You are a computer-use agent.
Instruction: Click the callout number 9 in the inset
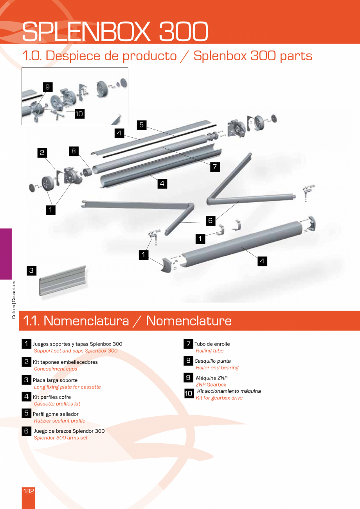(48, 87)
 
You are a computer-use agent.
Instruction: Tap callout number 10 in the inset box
(79, 114)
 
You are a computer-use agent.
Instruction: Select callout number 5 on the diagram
(142, 125)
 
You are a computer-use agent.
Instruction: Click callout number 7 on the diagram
(215, 167)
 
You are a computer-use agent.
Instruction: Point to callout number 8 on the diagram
(74, 151)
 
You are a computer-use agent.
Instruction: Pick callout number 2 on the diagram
(42, 153)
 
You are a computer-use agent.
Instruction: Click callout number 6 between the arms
(211, 221)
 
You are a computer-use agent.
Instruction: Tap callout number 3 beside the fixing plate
(32, 271)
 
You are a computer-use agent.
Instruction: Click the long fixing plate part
(63, 281)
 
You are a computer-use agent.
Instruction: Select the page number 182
(29, 491)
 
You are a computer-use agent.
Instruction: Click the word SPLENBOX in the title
(86, 31)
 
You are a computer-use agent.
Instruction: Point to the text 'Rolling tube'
(210, 351)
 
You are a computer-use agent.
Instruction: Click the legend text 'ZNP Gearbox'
(211, 385)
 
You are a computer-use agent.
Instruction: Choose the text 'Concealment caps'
(56, 369)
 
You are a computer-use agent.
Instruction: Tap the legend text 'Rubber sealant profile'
(59, 421)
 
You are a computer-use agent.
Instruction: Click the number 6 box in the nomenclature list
(26, 431)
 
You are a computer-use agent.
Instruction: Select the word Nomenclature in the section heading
(189, 321)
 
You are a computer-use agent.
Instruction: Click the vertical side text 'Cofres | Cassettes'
(14, 300)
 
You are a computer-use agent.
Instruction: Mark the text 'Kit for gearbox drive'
(219, 397)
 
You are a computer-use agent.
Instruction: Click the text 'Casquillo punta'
(212, 361)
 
